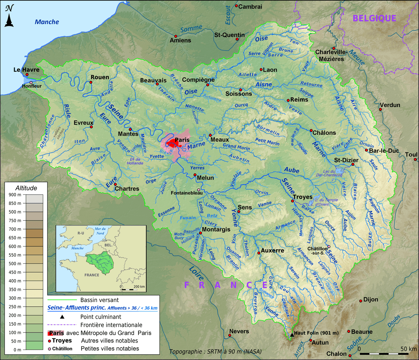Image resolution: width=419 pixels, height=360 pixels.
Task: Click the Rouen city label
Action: click(x=100, y=77)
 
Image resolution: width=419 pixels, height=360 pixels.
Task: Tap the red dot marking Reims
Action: click(x=288, y=100)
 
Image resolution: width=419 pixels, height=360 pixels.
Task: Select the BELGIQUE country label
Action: click(x=374, y=18)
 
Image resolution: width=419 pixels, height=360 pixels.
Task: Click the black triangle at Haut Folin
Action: click(x=292, y=335)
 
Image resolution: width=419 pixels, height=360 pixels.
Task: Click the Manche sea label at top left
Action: click(x=47, y=22)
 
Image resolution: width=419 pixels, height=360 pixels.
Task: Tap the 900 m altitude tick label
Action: click(x=15, y=195)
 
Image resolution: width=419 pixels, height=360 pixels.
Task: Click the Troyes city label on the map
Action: click(x=302, y=197)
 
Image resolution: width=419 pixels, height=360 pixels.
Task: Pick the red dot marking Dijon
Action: click(x=361, y=301)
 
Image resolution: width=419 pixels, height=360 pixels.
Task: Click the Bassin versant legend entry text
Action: click(x=100, y=300)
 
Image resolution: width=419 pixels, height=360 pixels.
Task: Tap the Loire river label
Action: click(x=196, y=274)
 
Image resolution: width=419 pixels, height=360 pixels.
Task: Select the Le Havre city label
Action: click(x=26, y=70)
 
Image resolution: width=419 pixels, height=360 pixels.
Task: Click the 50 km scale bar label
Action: click(x=409, y=349)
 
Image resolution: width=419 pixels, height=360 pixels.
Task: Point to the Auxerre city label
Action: click(x=272, y=250)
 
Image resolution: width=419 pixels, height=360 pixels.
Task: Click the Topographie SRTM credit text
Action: click(x=215, y=351)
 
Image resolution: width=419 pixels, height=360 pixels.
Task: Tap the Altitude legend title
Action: click(x=26, y=188)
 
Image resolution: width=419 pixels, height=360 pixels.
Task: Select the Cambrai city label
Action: click(x=250, y=7)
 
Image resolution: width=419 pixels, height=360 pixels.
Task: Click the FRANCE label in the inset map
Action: click(x=92, y=275)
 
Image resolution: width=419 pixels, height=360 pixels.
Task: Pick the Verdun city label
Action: click(x=390, y=105)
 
